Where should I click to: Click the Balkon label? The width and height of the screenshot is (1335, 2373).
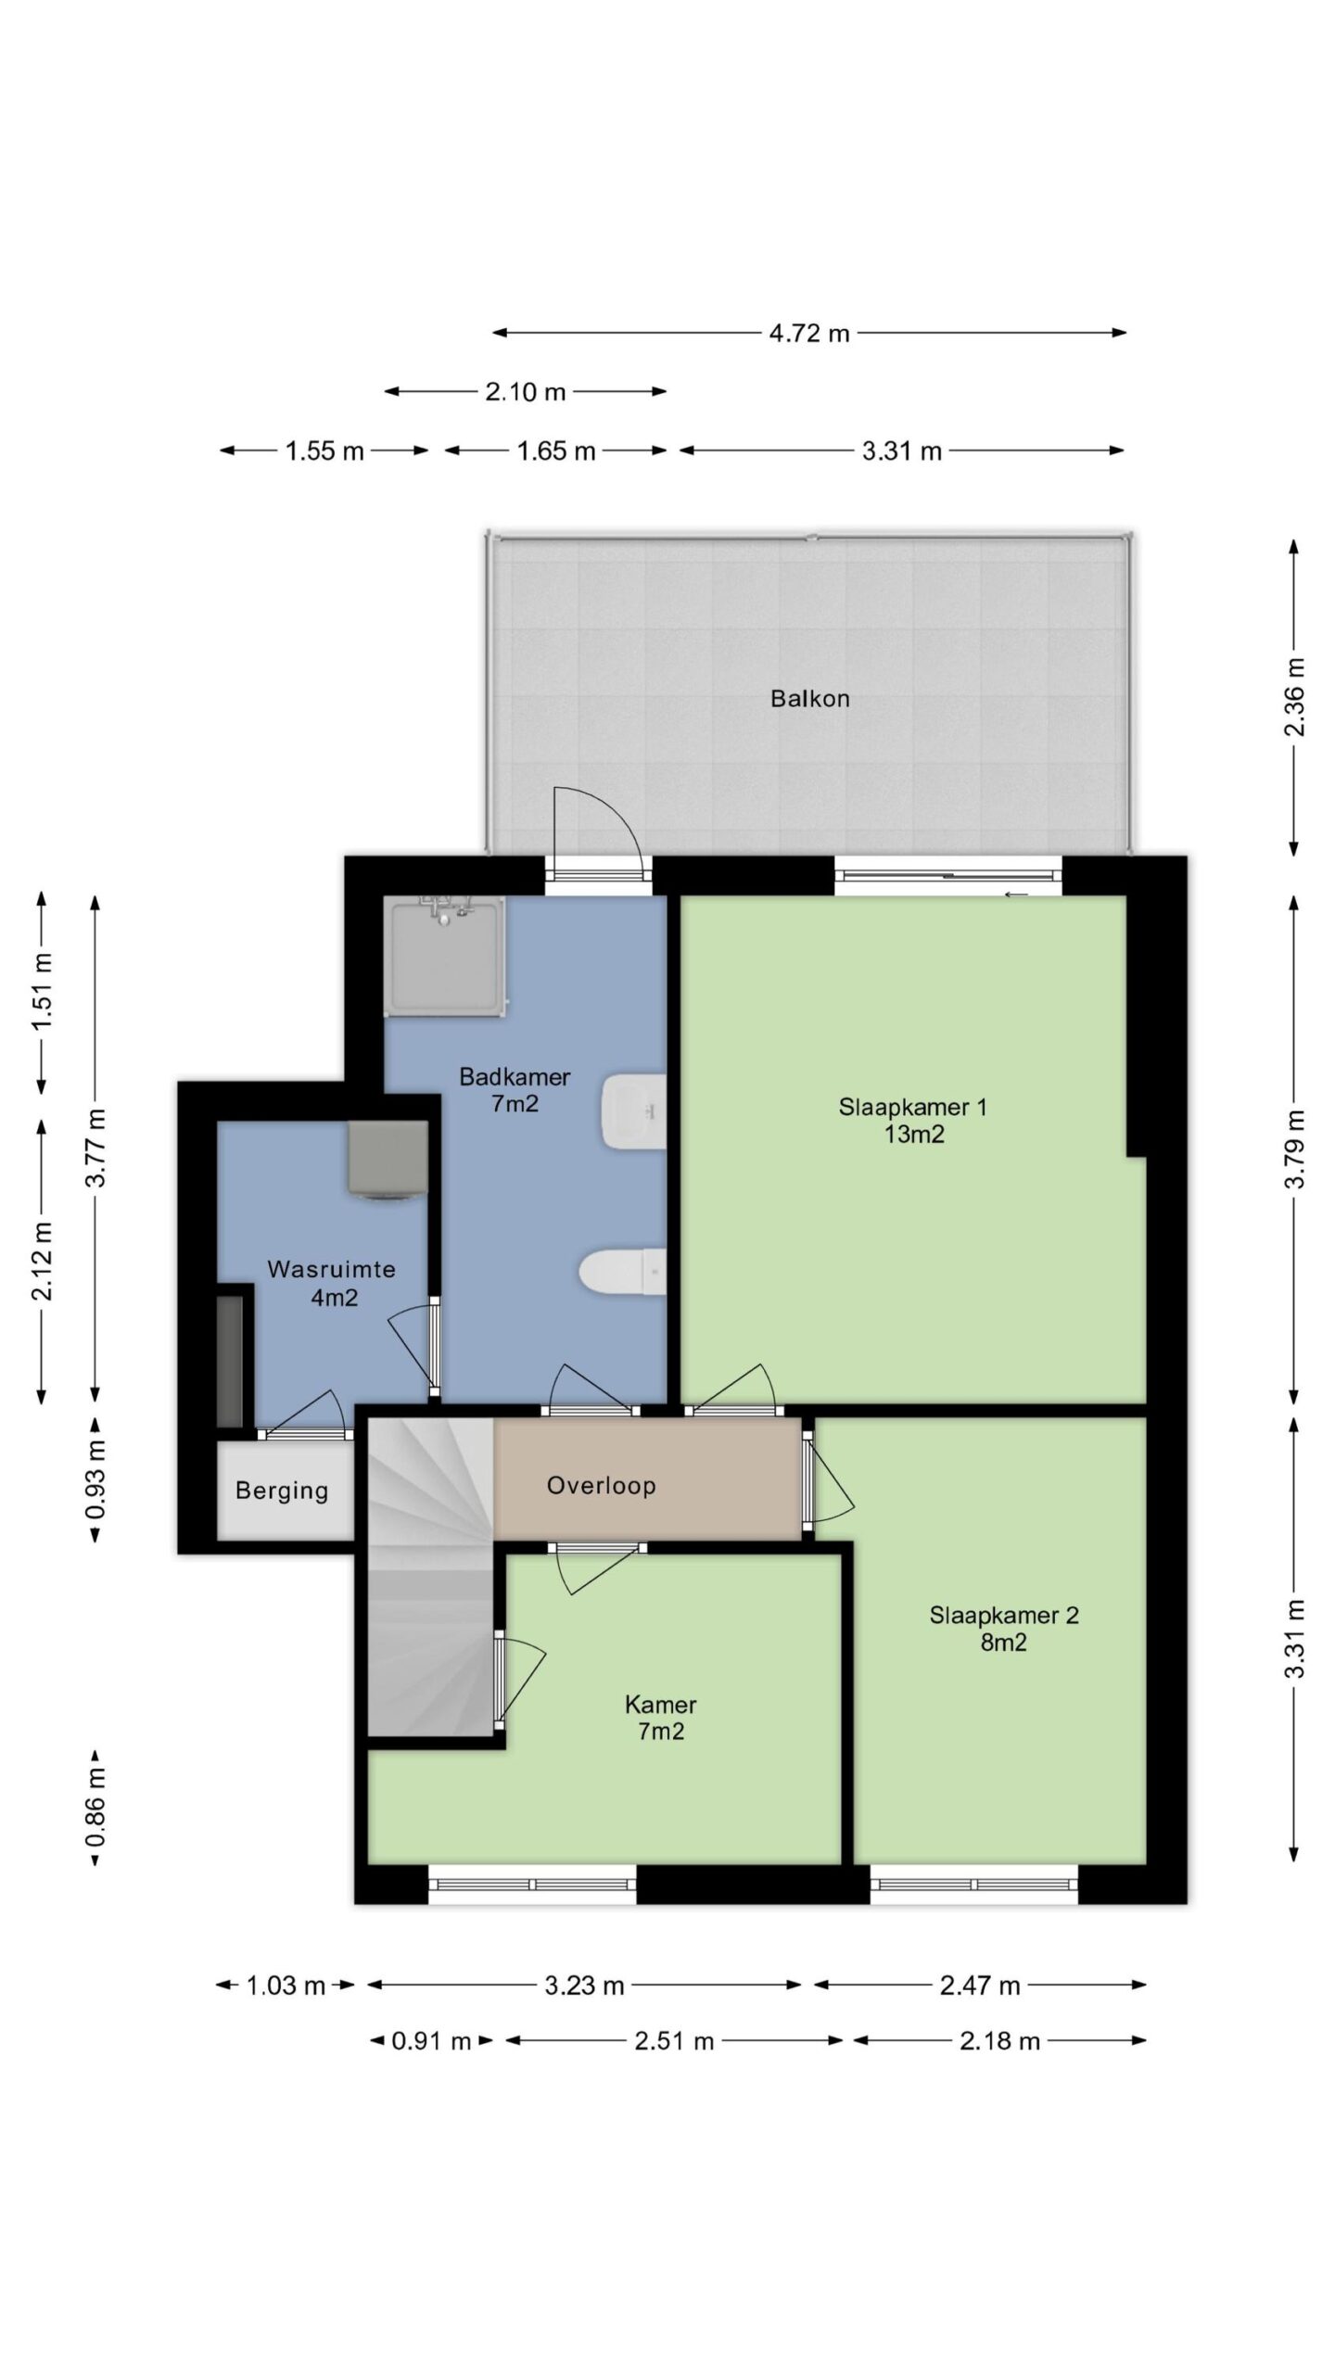coord(809,698)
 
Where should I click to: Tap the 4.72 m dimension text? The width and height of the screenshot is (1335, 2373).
coord(809,333)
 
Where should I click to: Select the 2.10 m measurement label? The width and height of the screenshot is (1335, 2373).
coord(525,392)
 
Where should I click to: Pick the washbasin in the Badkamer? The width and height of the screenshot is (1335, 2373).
coord(634,1112)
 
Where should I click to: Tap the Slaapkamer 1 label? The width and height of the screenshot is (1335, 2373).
coord(913,1106)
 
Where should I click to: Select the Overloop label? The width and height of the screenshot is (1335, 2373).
coord(602,1485)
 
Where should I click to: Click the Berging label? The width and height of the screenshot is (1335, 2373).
coord(282,1491)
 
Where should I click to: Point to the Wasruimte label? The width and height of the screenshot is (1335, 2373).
coord(332,1269)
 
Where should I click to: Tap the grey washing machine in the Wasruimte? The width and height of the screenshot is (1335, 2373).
coord(388,1159)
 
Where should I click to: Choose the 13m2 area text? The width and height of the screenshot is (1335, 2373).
coord(914,1134)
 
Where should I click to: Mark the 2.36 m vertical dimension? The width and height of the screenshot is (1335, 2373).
coord(1295,697)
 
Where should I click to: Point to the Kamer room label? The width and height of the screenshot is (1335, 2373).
coord(661,1704)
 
